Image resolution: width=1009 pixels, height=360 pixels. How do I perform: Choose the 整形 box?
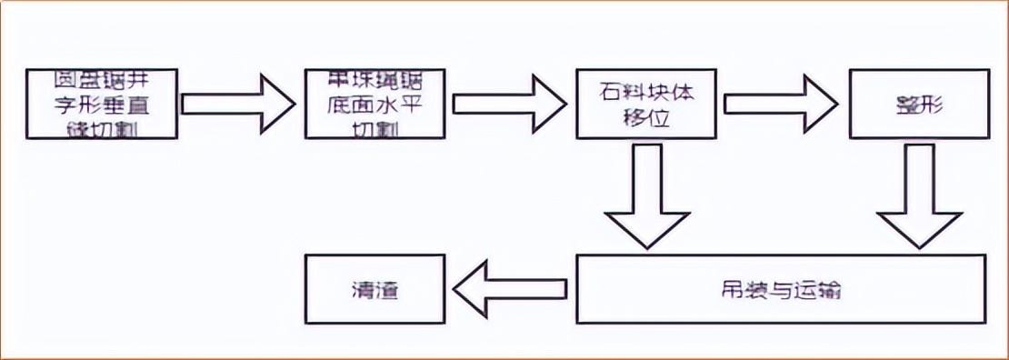click(916, 104)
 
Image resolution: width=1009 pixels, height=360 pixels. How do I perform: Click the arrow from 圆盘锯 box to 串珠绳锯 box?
click(238, 104)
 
